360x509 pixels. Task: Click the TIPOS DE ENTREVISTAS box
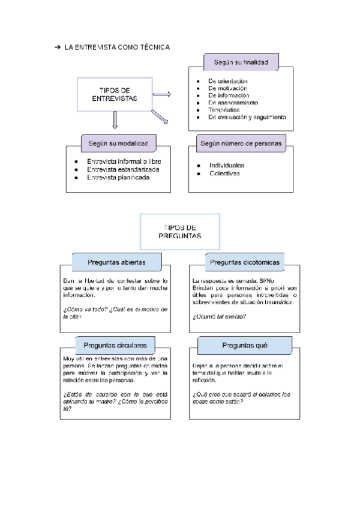pyautogui.click(x=114, y=94)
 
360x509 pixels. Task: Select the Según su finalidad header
pyautogui.click(x=241, y=61)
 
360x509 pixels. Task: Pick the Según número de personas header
pyautogui.click(x=242, y=143)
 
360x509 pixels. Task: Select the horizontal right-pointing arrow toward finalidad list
pyautogui.click(x=162, y=94)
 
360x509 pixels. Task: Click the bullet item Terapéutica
pyautogui.click(x=224, y=110)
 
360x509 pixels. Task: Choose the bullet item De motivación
pyautogui.click(x=228, y=88)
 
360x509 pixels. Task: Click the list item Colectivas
pyautogui.click(x=224, y=173)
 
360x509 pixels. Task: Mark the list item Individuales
pyautogui.click(x=227, y=165)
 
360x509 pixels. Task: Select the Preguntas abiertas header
pyautogui.click(x=116, y=262)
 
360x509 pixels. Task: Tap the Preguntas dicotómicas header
pyautogui.click(x=244, y=262)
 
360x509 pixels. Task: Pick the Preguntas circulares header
pyautogui.click(x=115, y=345)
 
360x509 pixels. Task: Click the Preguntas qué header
pyautogui.click(x=245, y=345)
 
